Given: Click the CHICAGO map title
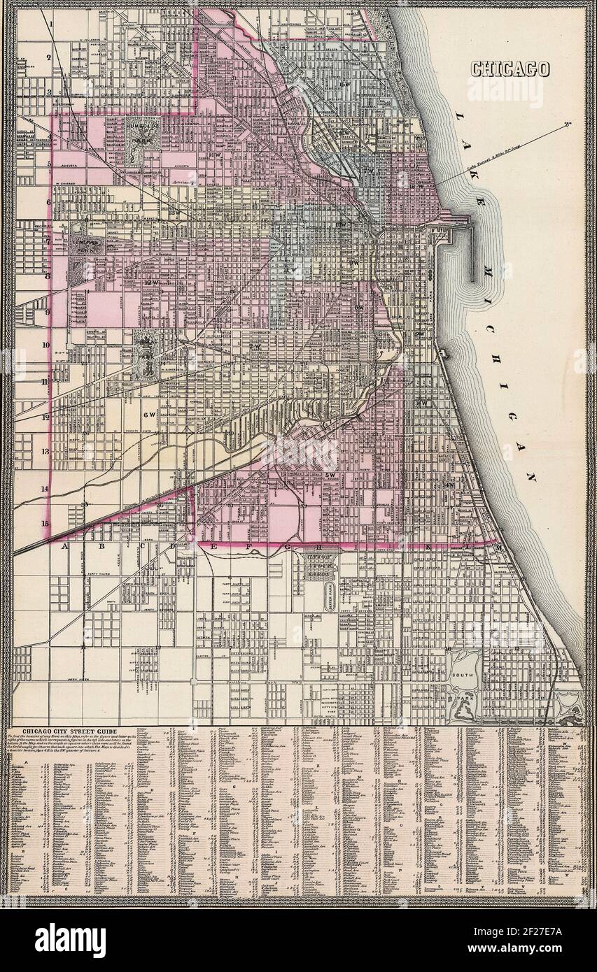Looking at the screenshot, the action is point(510,69).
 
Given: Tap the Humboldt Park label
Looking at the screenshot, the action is point(142,132).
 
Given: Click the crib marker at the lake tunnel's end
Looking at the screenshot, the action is point(568,125).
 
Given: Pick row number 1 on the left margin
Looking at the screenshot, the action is point(51,23).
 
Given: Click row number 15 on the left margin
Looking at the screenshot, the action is point(45,523).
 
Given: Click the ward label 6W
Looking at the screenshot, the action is point(148,414).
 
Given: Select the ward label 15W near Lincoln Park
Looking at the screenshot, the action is point(343,85).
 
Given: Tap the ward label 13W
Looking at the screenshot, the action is point(174,213).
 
